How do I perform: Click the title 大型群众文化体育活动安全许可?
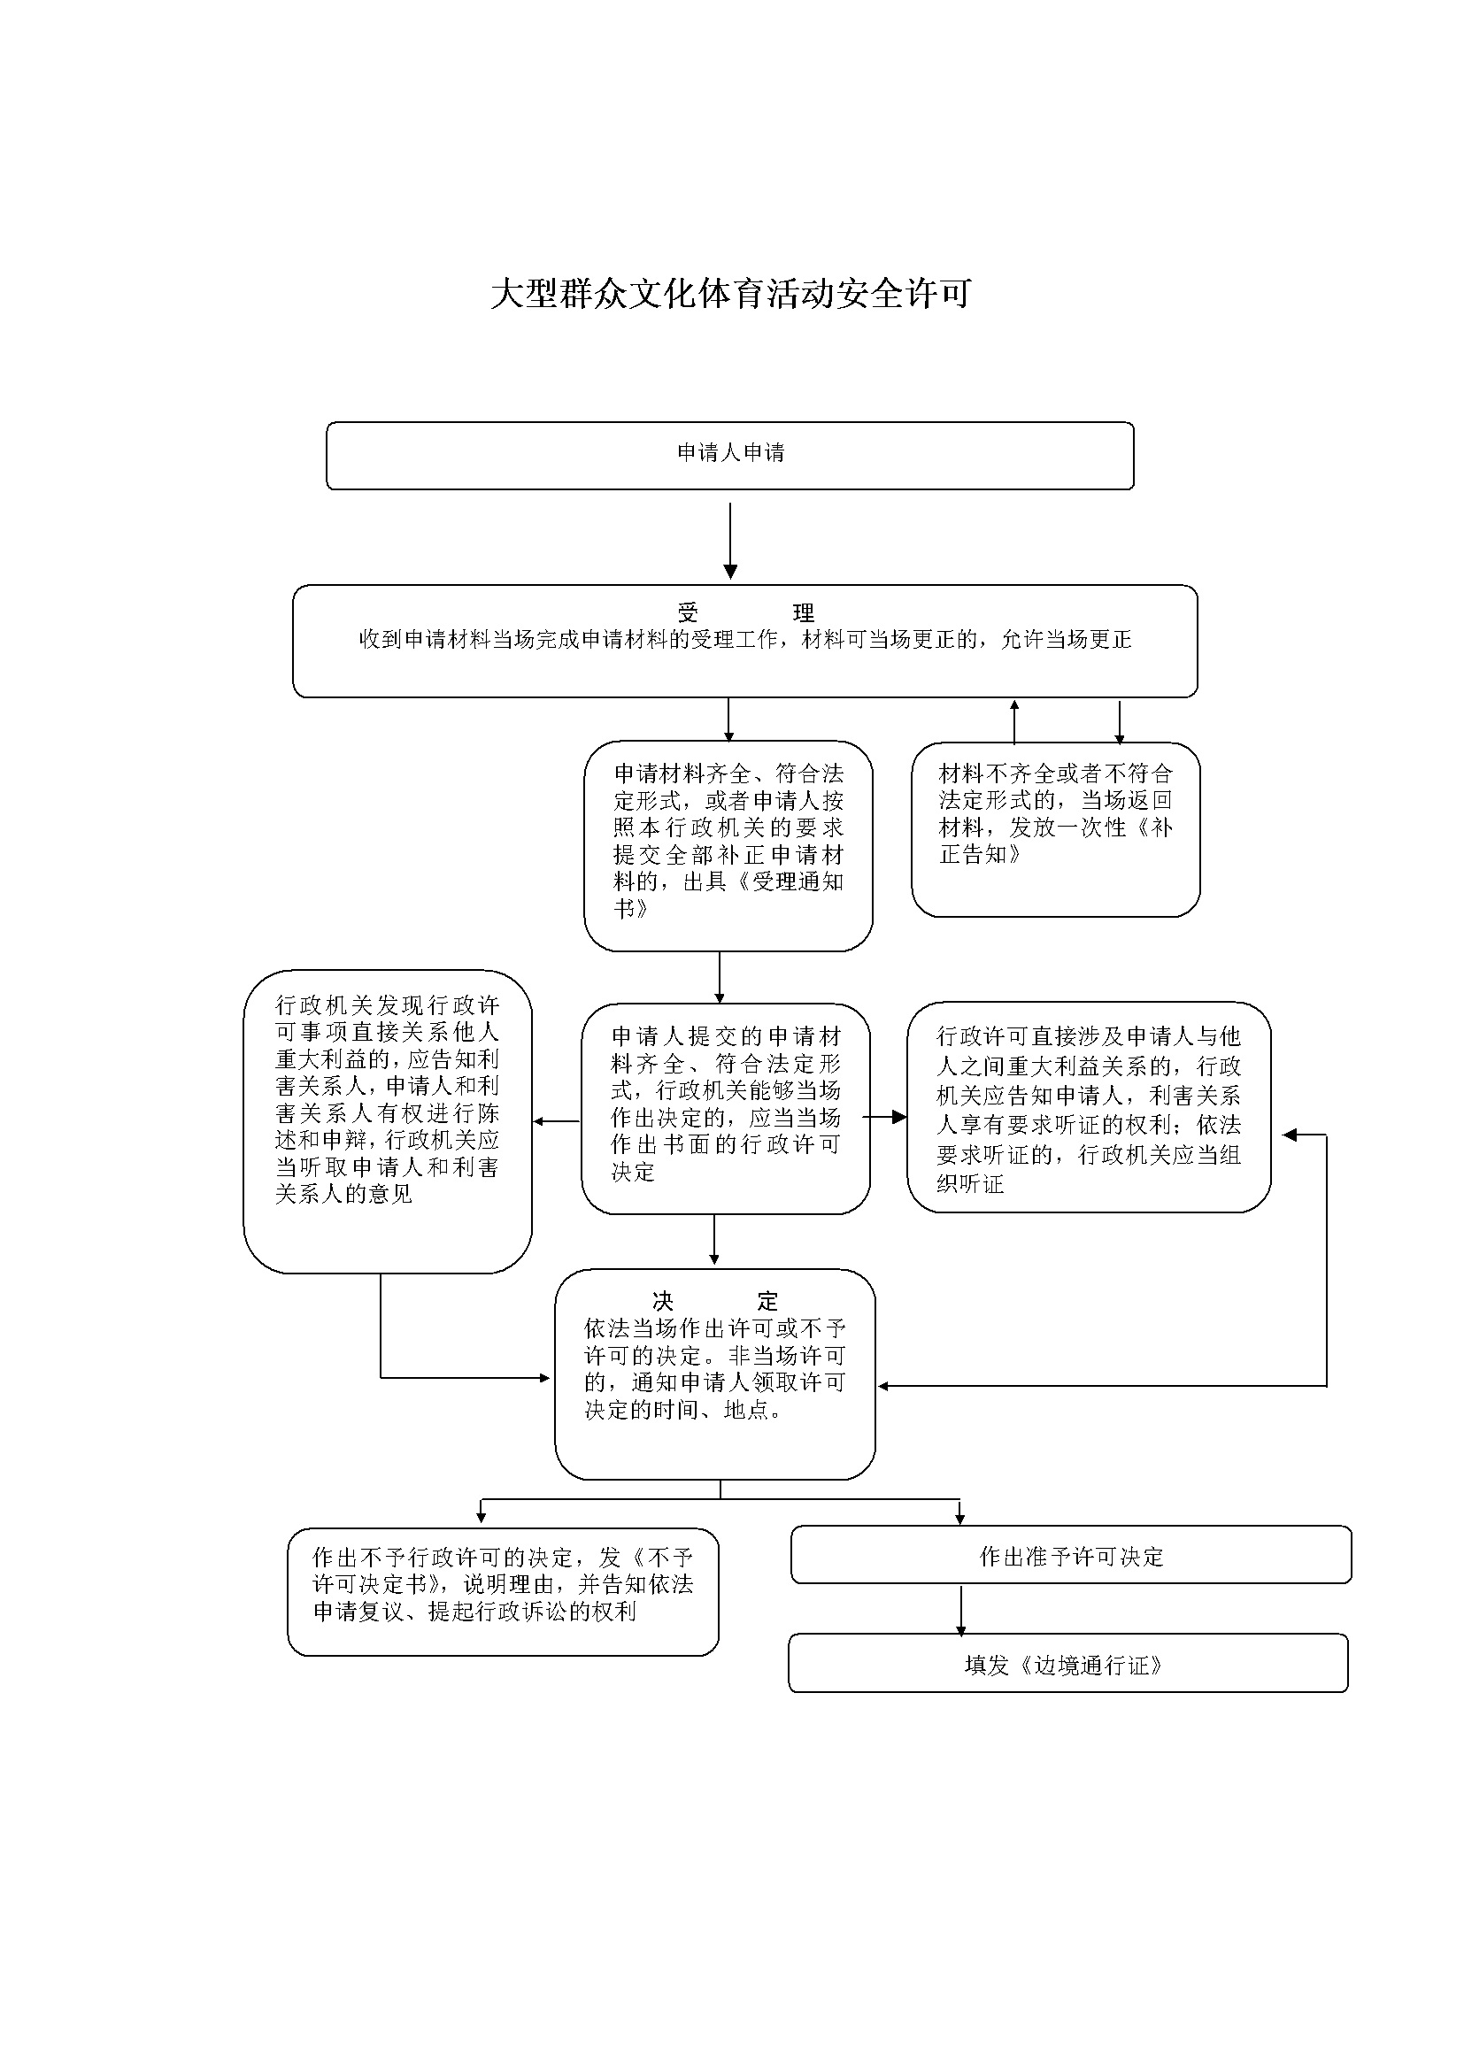(731, 294)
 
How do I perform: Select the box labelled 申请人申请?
(730, 455)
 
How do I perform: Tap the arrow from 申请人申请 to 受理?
(730, 540)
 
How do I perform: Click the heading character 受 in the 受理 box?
(688, 613)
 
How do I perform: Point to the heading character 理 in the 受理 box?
(803, 613)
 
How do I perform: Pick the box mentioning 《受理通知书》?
(728, 846)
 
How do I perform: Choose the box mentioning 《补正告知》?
(1056, 829)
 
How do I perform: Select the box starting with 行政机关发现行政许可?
(388, 1121)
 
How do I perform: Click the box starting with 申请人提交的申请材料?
(726, 1108)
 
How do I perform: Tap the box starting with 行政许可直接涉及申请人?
(1089, 1107)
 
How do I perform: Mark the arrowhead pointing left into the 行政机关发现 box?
(539, 1121)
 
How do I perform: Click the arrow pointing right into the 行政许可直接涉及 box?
(885, 1117)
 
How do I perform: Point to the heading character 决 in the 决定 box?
(663, 1301)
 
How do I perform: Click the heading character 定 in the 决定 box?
(767, 1301)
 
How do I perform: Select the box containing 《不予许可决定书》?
(503, 1591)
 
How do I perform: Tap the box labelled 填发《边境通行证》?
(1068, 1663)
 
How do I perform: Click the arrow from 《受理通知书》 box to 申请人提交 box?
(720, 977)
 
